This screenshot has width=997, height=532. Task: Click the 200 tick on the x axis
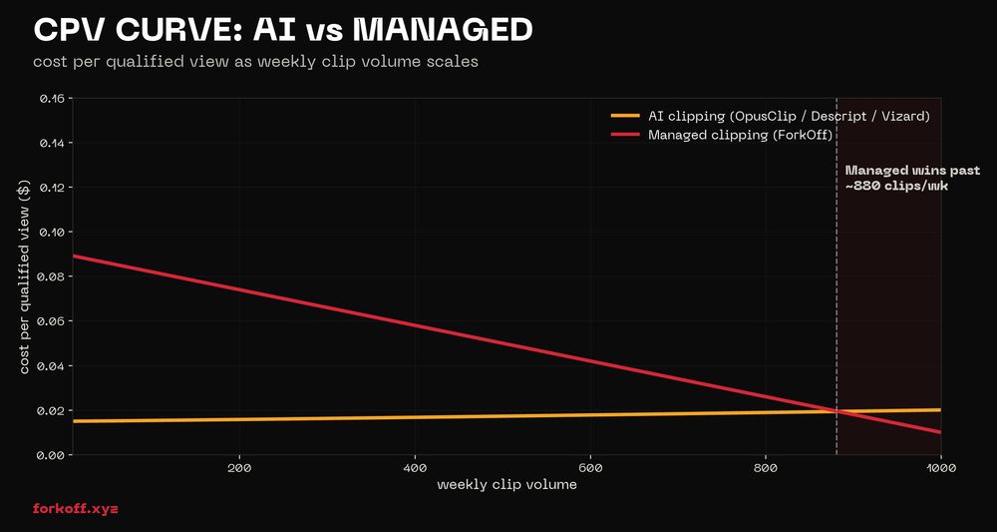point(239,468)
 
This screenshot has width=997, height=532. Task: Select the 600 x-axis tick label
point(590,468)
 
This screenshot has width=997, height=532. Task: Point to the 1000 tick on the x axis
point(940,468)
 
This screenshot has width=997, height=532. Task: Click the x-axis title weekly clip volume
point(506,485)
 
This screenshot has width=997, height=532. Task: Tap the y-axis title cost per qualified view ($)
point(25,276)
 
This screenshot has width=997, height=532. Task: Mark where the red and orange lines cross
point(835,411)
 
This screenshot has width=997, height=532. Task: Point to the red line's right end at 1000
point(940,432)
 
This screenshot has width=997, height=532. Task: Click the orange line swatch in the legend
point(625,116)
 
